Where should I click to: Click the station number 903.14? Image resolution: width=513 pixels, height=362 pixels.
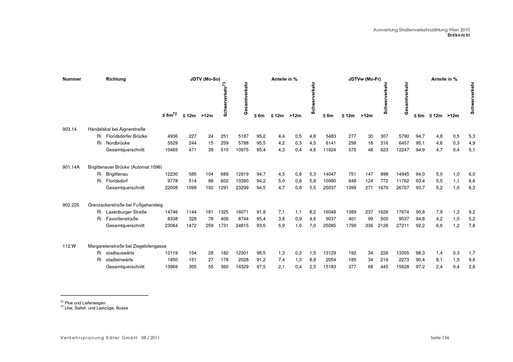69,129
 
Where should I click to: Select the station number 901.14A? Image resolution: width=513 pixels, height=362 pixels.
71,167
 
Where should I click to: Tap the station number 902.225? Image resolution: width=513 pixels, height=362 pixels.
71,205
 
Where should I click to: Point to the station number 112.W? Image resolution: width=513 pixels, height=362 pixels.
69,246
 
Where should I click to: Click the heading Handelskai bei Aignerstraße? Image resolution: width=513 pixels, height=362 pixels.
116,129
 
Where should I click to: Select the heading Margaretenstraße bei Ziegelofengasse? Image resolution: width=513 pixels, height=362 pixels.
127,246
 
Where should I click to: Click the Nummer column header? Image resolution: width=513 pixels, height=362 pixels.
72,79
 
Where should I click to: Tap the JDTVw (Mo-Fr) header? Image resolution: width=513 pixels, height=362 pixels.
364,79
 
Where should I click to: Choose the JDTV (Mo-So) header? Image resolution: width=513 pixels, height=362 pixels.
205,79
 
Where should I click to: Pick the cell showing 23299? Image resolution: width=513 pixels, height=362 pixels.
242,188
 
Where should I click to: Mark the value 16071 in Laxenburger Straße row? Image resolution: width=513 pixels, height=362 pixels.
242,212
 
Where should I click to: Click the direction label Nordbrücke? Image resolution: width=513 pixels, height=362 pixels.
118,143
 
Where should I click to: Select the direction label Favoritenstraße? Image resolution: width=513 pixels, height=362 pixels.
122,219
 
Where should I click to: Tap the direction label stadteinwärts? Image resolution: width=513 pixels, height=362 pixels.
119,260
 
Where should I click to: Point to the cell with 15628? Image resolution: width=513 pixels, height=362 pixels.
402,267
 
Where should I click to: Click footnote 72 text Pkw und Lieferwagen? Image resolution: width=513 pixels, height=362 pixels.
85,303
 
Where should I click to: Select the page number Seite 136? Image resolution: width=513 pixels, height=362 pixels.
440,338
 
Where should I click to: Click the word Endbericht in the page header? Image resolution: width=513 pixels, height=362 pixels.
458,35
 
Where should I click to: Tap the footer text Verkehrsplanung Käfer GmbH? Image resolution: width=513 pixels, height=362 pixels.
99,338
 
